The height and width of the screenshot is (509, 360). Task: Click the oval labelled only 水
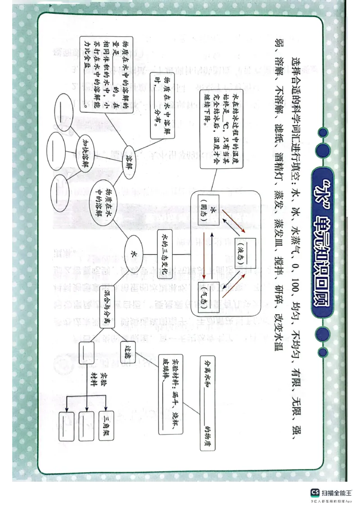point(134,253)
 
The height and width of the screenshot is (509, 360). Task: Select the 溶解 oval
point(131,160)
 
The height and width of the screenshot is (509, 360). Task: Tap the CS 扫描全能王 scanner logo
point(332,495)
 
